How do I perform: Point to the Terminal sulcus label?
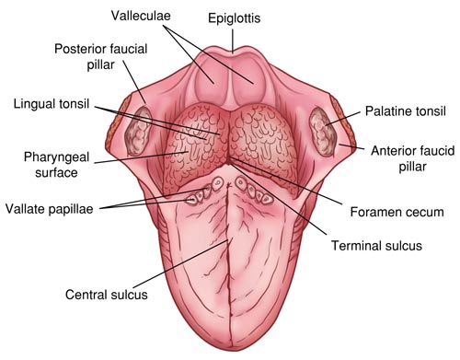click(x=377, y=246)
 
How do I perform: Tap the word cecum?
click(x=425, y=212)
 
